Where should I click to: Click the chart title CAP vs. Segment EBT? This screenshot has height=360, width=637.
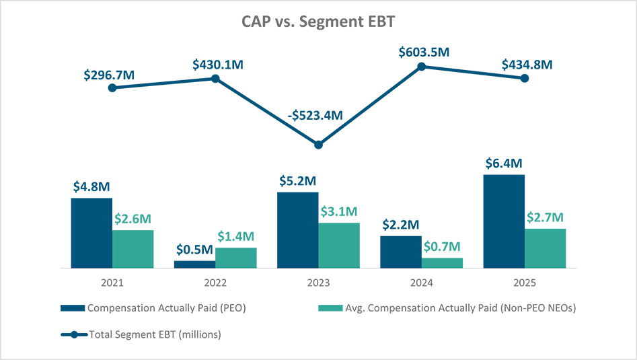tap(318, 22)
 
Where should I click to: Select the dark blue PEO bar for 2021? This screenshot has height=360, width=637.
tap(91, 233)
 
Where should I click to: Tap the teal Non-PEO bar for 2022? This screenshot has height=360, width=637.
tap(236, 258)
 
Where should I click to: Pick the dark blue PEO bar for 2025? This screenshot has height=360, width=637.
tap(504, 221)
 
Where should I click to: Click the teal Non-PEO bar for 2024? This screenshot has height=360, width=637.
tap(442, 263)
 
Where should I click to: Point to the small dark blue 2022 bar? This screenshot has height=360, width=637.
tap(195, 264)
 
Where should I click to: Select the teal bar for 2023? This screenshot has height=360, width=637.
tap(339, 246)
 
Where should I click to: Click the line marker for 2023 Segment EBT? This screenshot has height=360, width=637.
tap(319, 145)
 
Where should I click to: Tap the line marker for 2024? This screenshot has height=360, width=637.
tap(422, 67)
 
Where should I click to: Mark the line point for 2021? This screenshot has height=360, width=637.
tap(112, 87)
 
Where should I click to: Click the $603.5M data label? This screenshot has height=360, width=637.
tap(424, 52)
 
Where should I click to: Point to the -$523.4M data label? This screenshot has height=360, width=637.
tap(315, 115)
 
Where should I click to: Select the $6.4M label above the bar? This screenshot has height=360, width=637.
tap(504, 164)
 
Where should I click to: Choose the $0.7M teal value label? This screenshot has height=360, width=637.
tap(442, 247)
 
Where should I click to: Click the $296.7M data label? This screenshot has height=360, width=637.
tap(109, 75)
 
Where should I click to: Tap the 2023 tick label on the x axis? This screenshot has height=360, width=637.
tap(319, 283)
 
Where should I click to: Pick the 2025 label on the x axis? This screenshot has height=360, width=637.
tap(525, 283)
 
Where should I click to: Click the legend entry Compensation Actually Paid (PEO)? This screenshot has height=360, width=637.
tap(153, 308)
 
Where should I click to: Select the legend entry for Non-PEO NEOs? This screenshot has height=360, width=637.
tap(447, 308)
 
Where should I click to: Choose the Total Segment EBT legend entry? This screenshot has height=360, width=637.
tap(141, 335)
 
